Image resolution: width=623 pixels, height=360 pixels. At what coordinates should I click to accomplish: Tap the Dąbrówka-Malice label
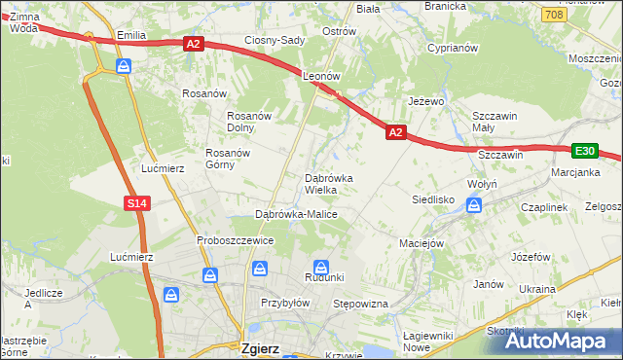[296, 213]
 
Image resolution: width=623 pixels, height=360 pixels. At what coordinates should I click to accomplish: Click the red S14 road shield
[136, 202]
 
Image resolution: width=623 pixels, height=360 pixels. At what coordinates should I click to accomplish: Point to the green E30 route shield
[584, 150]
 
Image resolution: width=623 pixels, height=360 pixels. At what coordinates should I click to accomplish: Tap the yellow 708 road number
[554, 15]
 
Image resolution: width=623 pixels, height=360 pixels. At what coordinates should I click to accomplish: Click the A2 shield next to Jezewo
[394, 131]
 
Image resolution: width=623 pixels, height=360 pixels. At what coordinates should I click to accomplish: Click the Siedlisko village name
[433, 198]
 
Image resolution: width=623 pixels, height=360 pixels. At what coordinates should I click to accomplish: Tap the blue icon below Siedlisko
[473, 204]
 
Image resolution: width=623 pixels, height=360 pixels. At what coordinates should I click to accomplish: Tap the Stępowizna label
[361, 305]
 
